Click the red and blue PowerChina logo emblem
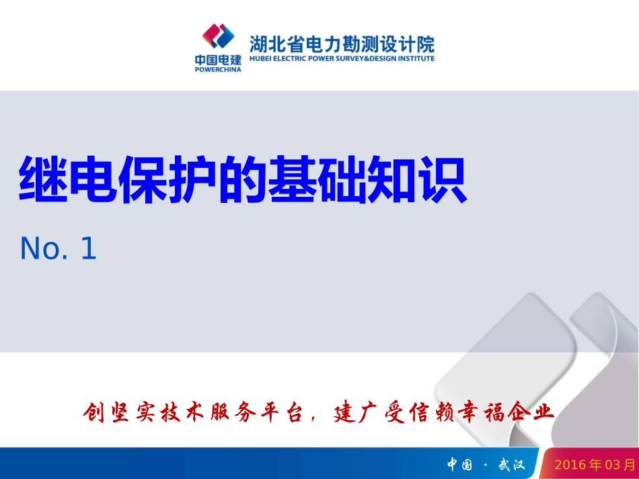pyautogui.click(x=217, y=36)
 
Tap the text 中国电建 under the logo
pyautogui.click(x=218, y=60)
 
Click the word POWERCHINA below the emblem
pyautogui.click(x=218, y=69)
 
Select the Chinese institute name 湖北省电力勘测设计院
pyautogui.click(x=342, y=44)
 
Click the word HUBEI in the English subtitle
pyautogui.click(x=259, y=58)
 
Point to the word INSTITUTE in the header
pyautogui.click(x=416, y=58)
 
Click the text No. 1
pyautogui.click(x=59, y=249)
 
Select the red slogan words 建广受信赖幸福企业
pyautogui.click(x=445, y=411)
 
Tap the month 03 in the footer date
pyautogui.click(x=613, y=465)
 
